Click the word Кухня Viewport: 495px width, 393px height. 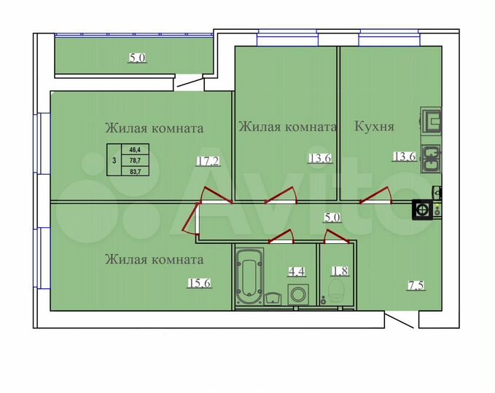[x=374, y=127]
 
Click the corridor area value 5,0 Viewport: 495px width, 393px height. [x=332, y=216]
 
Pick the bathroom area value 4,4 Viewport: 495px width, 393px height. [x=297, y=272]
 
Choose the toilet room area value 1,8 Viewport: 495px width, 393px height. [x=338, y=272]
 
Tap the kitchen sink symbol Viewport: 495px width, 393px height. [x=430, y=157]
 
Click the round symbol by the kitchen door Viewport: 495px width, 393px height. [x=422, y=210]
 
